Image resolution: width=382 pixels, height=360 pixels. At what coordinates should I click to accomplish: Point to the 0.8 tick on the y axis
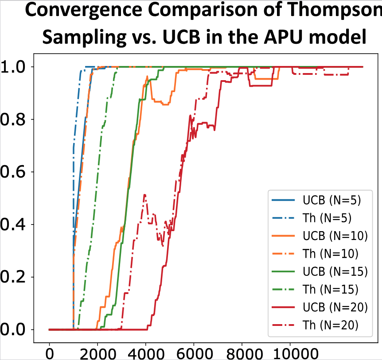click(x=13, y=120)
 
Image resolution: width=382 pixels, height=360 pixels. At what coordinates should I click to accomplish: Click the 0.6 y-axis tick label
click(x=13, y=172)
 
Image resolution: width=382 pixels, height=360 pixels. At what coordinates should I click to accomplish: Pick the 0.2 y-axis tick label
click(x=13, y=277)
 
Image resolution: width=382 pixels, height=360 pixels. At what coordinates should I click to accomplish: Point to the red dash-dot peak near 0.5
click(x=144, y=195)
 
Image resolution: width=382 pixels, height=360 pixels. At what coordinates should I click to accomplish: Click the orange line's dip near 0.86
click(x=165, y=104)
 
